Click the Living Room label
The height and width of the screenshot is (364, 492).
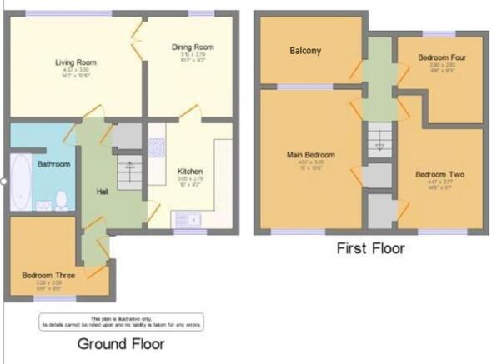coord(72,62)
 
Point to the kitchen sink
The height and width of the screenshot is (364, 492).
coord(186,219)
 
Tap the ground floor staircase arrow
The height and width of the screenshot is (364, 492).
coord(129,167)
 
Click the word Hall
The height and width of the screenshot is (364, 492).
coord(103,192)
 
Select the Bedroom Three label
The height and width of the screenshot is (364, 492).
coord(48,275)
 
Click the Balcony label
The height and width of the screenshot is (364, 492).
coord(306,51)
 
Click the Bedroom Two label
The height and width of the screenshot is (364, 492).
coord(439,175)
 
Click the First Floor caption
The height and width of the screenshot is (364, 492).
coord(370,247)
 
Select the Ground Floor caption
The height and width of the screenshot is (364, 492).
coord(120,343)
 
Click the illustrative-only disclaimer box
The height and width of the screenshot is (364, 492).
coord(120,321)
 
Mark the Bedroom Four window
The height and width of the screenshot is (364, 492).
coord(443,33)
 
